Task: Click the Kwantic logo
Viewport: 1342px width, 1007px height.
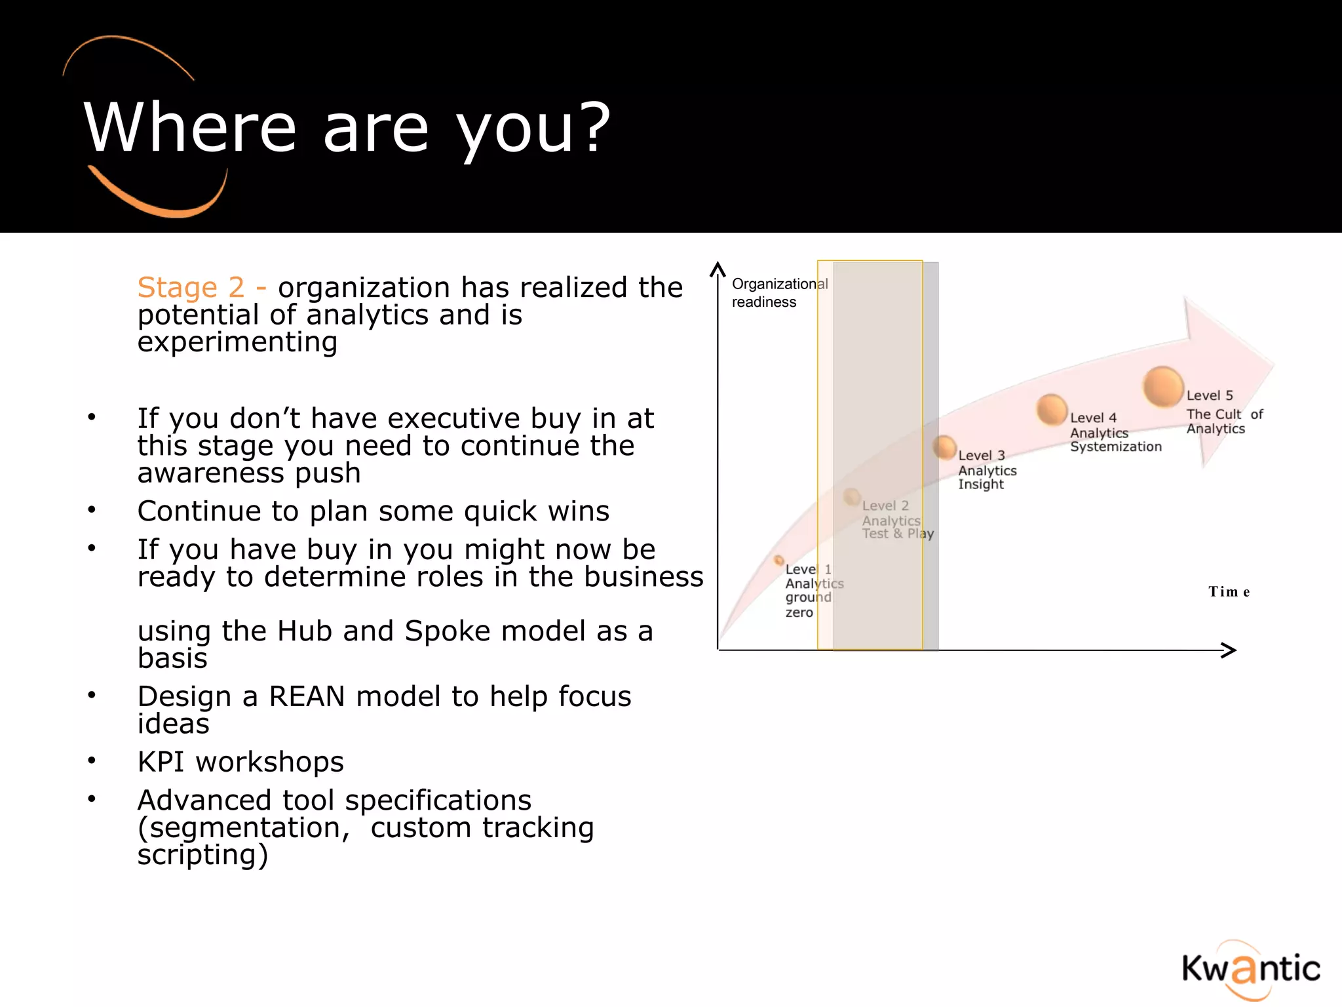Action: click(1250, 970)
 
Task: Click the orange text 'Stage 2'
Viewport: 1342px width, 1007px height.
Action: click(191, 288)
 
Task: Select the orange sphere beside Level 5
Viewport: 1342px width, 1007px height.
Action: click(1163, 387)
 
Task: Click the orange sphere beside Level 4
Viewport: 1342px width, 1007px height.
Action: click(1052, 410)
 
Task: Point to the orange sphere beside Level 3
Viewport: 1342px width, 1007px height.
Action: click(944, 448)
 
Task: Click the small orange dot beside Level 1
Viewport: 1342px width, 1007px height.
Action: click(778, 560)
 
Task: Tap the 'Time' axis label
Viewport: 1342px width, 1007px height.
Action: click(1229, 592)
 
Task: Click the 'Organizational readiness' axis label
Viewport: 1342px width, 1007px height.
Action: click(779, 293)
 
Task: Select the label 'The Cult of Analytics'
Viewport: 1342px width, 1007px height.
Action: click(1223, 422)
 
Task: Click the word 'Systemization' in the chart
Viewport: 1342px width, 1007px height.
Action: click(1115, 447)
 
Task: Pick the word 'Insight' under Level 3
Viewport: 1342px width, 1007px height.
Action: click(980, 484)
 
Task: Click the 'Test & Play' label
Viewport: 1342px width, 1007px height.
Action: click(897, 534)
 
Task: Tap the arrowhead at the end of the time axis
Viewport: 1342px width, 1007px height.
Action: click(1230, 650)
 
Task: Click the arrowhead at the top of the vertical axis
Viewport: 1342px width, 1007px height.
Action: click(718, 269)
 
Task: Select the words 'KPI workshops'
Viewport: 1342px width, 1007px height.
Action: click(240, 762)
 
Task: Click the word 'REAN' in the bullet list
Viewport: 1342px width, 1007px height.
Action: click(307, 696)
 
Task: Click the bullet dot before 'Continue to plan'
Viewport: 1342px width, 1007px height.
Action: click(92, 509)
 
